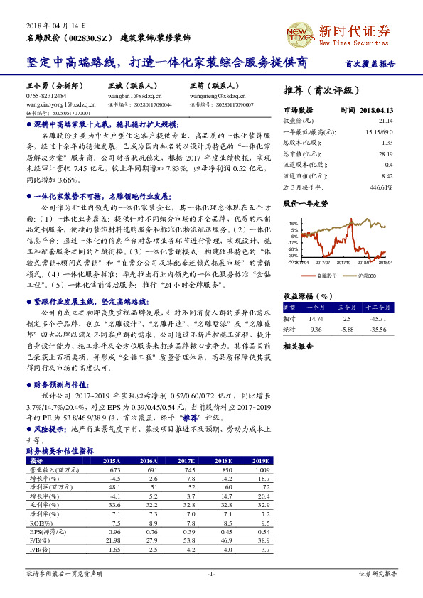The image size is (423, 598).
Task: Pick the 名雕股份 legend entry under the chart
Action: pyautogui.click(x=326, y=274)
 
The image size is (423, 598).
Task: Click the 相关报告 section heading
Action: pyautogui.click(x=298, y=347)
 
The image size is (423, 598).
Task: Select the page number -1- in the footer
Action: pyautogui.click(x=210, y=573)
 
